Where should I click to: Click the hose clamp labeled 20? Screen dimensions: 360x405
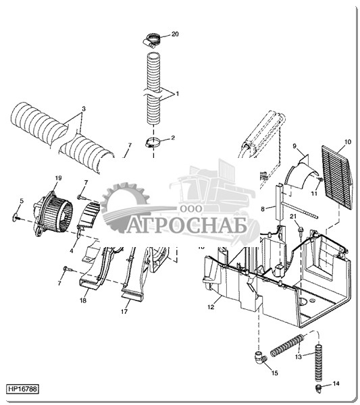click(x=151, y=40)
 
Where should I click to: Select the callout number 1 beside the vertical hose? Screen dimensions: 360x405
click(x=177, y=94)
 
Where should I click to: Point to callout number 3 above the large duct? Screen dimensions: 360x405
click(x=84, y=109)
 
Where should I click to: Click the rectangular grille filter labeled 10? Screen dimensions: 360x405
click(x=337, y=177)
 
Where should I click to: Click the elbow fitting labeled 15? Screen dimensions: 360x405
click(x=261, y=358)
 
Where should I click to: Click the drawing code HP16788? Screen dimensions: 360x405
click(x=22, y=389)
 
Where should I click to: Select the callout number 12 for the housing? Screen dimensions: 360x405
click(x=211, y=307)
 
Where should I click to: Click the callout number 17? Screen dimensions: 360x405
click(x=124, y=311)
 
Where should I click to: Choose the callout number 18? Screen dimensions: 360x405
click(x=83, y=300)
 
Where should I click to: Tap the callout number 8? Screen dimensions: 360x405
click(x=263, y=209)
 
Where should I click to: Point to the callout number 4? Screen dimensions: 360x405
click(x=72, y=250)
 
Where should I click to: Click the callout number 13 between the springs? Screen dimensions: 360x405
click(x=299, y=356)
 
